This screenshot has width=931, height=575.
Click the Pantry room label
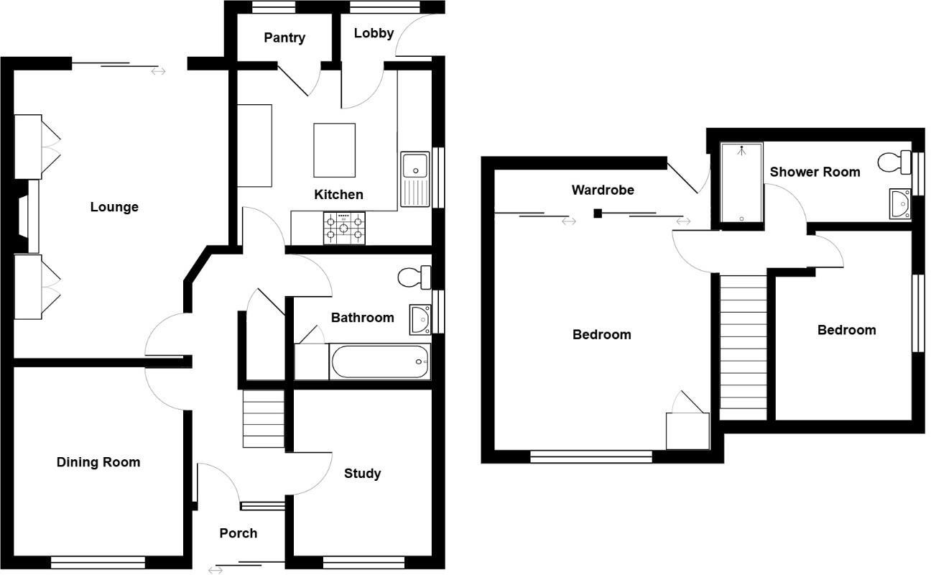284,37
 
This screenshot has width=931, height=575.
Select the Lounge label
114,207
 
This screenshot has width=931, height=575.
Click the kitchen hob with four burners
343,229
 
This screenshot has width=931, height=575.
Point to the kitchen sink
414,166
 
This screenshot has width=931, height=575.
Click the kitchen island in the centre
335,149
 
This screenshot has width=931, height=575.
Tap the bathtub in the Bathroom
379,362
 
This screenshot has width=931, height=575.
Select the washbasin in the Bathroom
420,318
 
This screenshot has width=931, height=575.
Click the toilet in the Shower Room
895,162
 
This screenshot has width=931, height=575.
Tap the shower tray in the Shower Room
741,183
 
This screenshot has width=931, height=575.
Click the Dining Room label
98,462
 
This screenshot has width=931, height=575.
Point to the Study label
362,473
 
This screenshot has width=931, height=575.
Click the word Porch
238,533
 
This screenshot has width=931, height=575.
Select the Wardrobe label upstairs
603,190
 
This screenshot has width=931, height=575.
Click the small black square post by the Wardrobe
597,213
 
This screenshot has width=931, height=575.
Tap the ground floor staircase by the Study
264,418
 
